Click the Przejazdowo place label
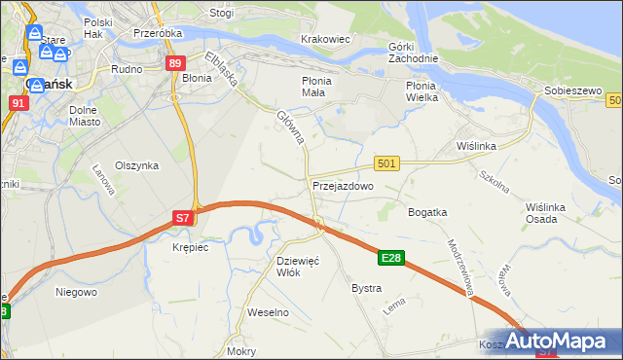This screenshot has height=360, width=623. (x=343, y=186)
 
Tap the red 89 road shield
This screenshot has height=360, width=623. (x=174, y=63)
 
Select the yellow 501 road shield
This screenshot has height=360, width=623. (x=386, y=163)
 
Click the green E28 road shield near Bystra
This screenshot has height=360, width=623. (x=391, y=258)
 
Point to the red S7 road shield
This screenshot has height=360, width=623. (x=183, y=219)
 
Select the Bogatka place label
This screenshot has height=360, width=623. (x=427, y=211)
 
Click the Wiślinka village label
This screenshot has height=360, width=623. (x=477, y=146)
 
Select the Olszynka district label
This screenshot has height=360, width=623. (x=136, y=165)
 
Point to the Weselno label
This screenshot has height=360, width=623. (x=269, y=312)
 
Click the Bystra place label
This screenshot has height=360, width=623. (x=366, y=289)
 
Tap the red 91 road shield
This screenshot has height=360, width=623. (x=18, y=101)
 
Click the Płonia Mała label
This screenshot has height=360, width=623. (x=318, y=87)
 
